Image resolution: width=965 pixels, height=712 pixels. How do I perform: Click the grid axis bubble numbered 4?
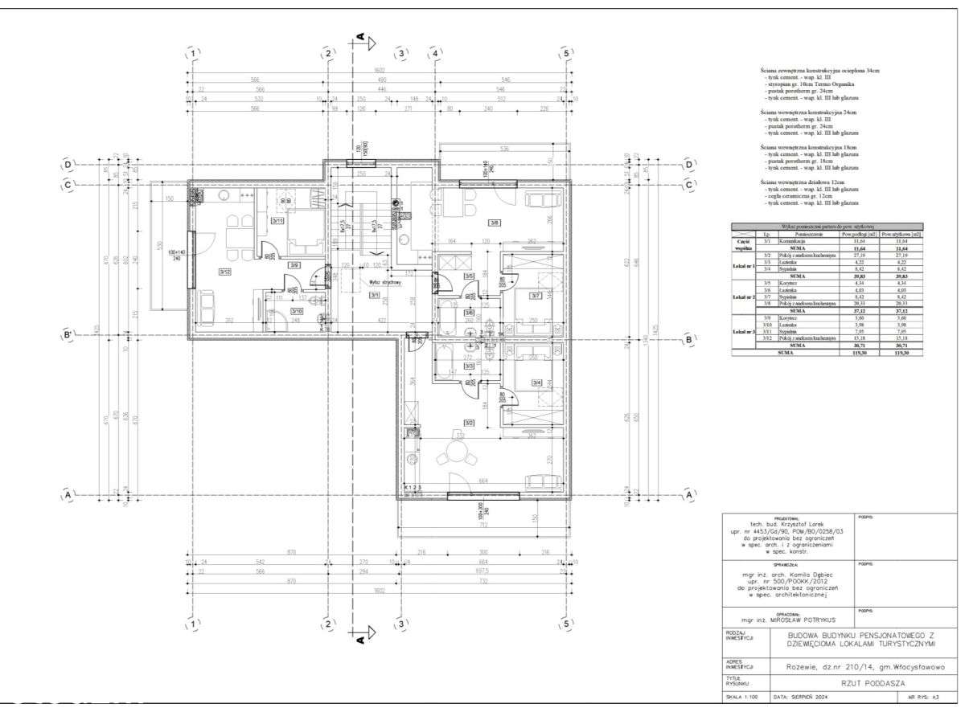pyautogui.click(x=435, y=53)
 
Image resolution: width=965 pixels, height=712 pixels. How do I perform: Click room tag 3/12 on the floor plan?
pyautogui.click(x=224, y=272)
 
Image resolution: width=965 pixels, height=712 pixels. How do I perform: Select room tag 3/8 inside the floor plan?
pyautogui.click(x=495, y=223)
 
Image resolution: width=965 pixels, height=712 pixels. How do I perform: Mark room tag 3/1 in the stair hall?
pyautogui.click(x=374, y=295)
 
